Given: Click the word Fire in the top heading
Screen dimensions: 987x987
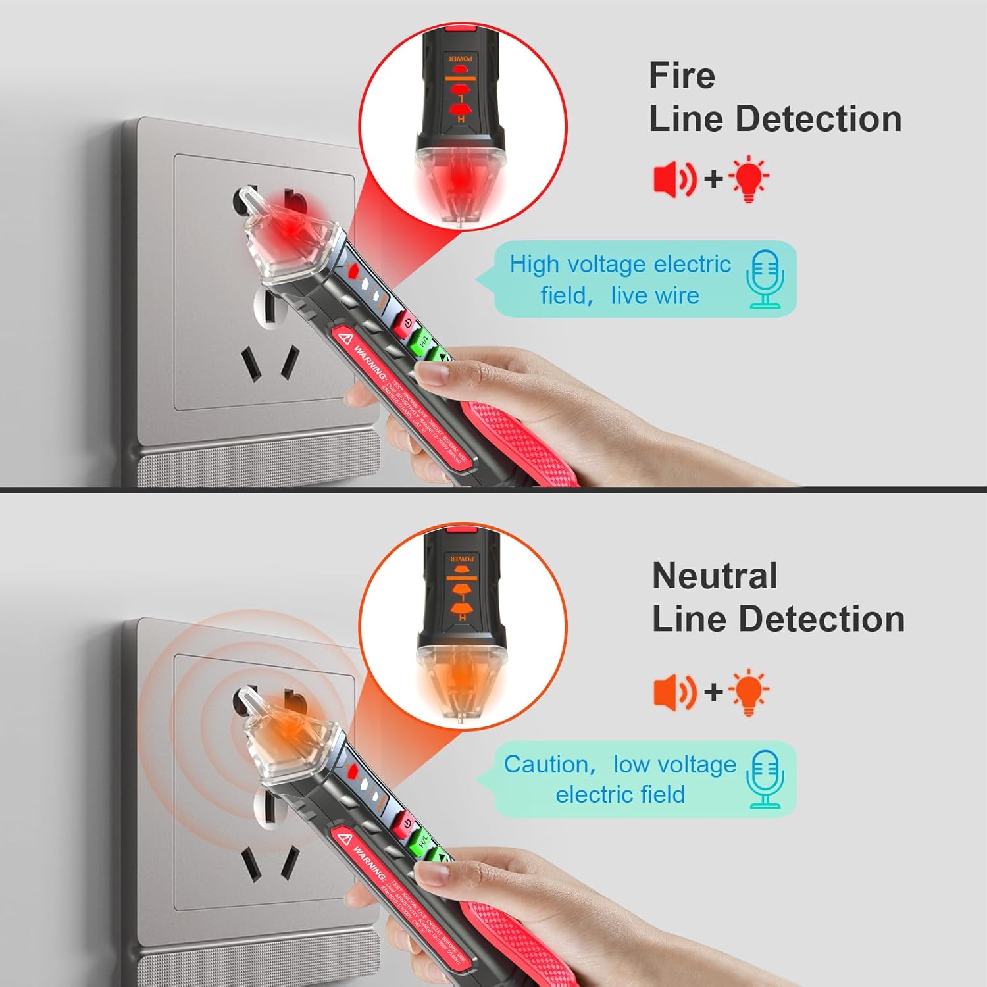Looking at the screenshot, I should (x=682, y=76).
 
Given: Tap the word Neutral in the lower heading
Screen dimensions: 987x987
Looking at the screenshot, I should (x=715, y=576).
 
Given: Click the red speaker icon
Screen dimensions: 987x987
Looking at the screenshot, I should (x=674, y=178).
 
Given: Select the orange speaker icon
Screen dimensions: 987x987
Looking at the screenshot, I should (x=674, y=692).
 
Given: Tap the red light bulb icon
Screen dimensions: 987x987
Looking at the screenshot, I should (x=749, y=178).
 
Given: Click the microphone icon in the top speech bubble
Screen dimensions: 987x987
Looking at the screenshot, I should (x=765, y=279).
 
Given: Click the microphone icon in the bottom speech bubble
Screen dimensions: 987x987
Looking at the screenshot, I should (x=765, y=780).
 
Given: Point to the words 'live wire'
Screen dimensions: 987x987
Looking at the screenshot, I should (x=655, y=296).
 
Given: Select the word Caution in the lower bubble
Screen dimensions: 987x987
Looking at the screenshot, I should (x=545, y=765).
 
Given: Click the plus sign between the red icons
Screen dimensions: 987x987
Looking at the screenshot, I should (x=713, y=178).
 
